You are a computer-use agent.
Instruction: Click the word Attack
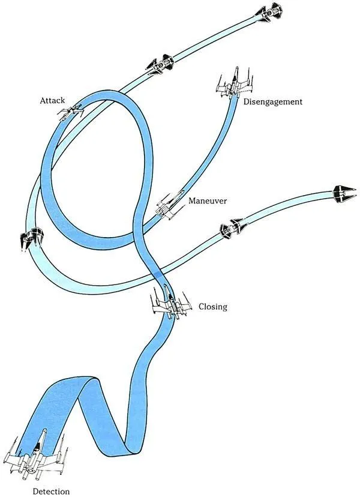[x=52, y=100]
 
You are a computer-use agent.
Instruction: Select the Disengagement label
[x=273, y=102]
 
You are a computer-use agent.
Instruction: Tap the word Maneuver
[x=208, y=200]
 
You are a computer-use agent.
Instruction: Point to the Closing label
[x=213, y=307]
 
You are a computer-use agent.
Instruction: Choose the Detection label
[x=51, y=492]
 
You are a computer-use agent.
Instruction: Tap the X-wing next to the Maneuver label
[x=169, y=206]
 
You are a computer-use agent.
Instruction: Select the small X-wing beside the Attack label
[x=71, y=112]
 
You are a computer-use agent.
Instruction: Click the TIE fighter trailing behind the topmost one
[x=160, y=64]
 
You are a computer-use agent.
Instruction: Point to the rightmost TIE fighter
[x=344, y=194]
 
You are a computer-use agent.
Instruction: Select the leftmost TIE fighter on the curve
[x=31, y=237]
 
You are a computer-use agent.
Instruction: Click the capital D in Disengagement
[x=246, y=101]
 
